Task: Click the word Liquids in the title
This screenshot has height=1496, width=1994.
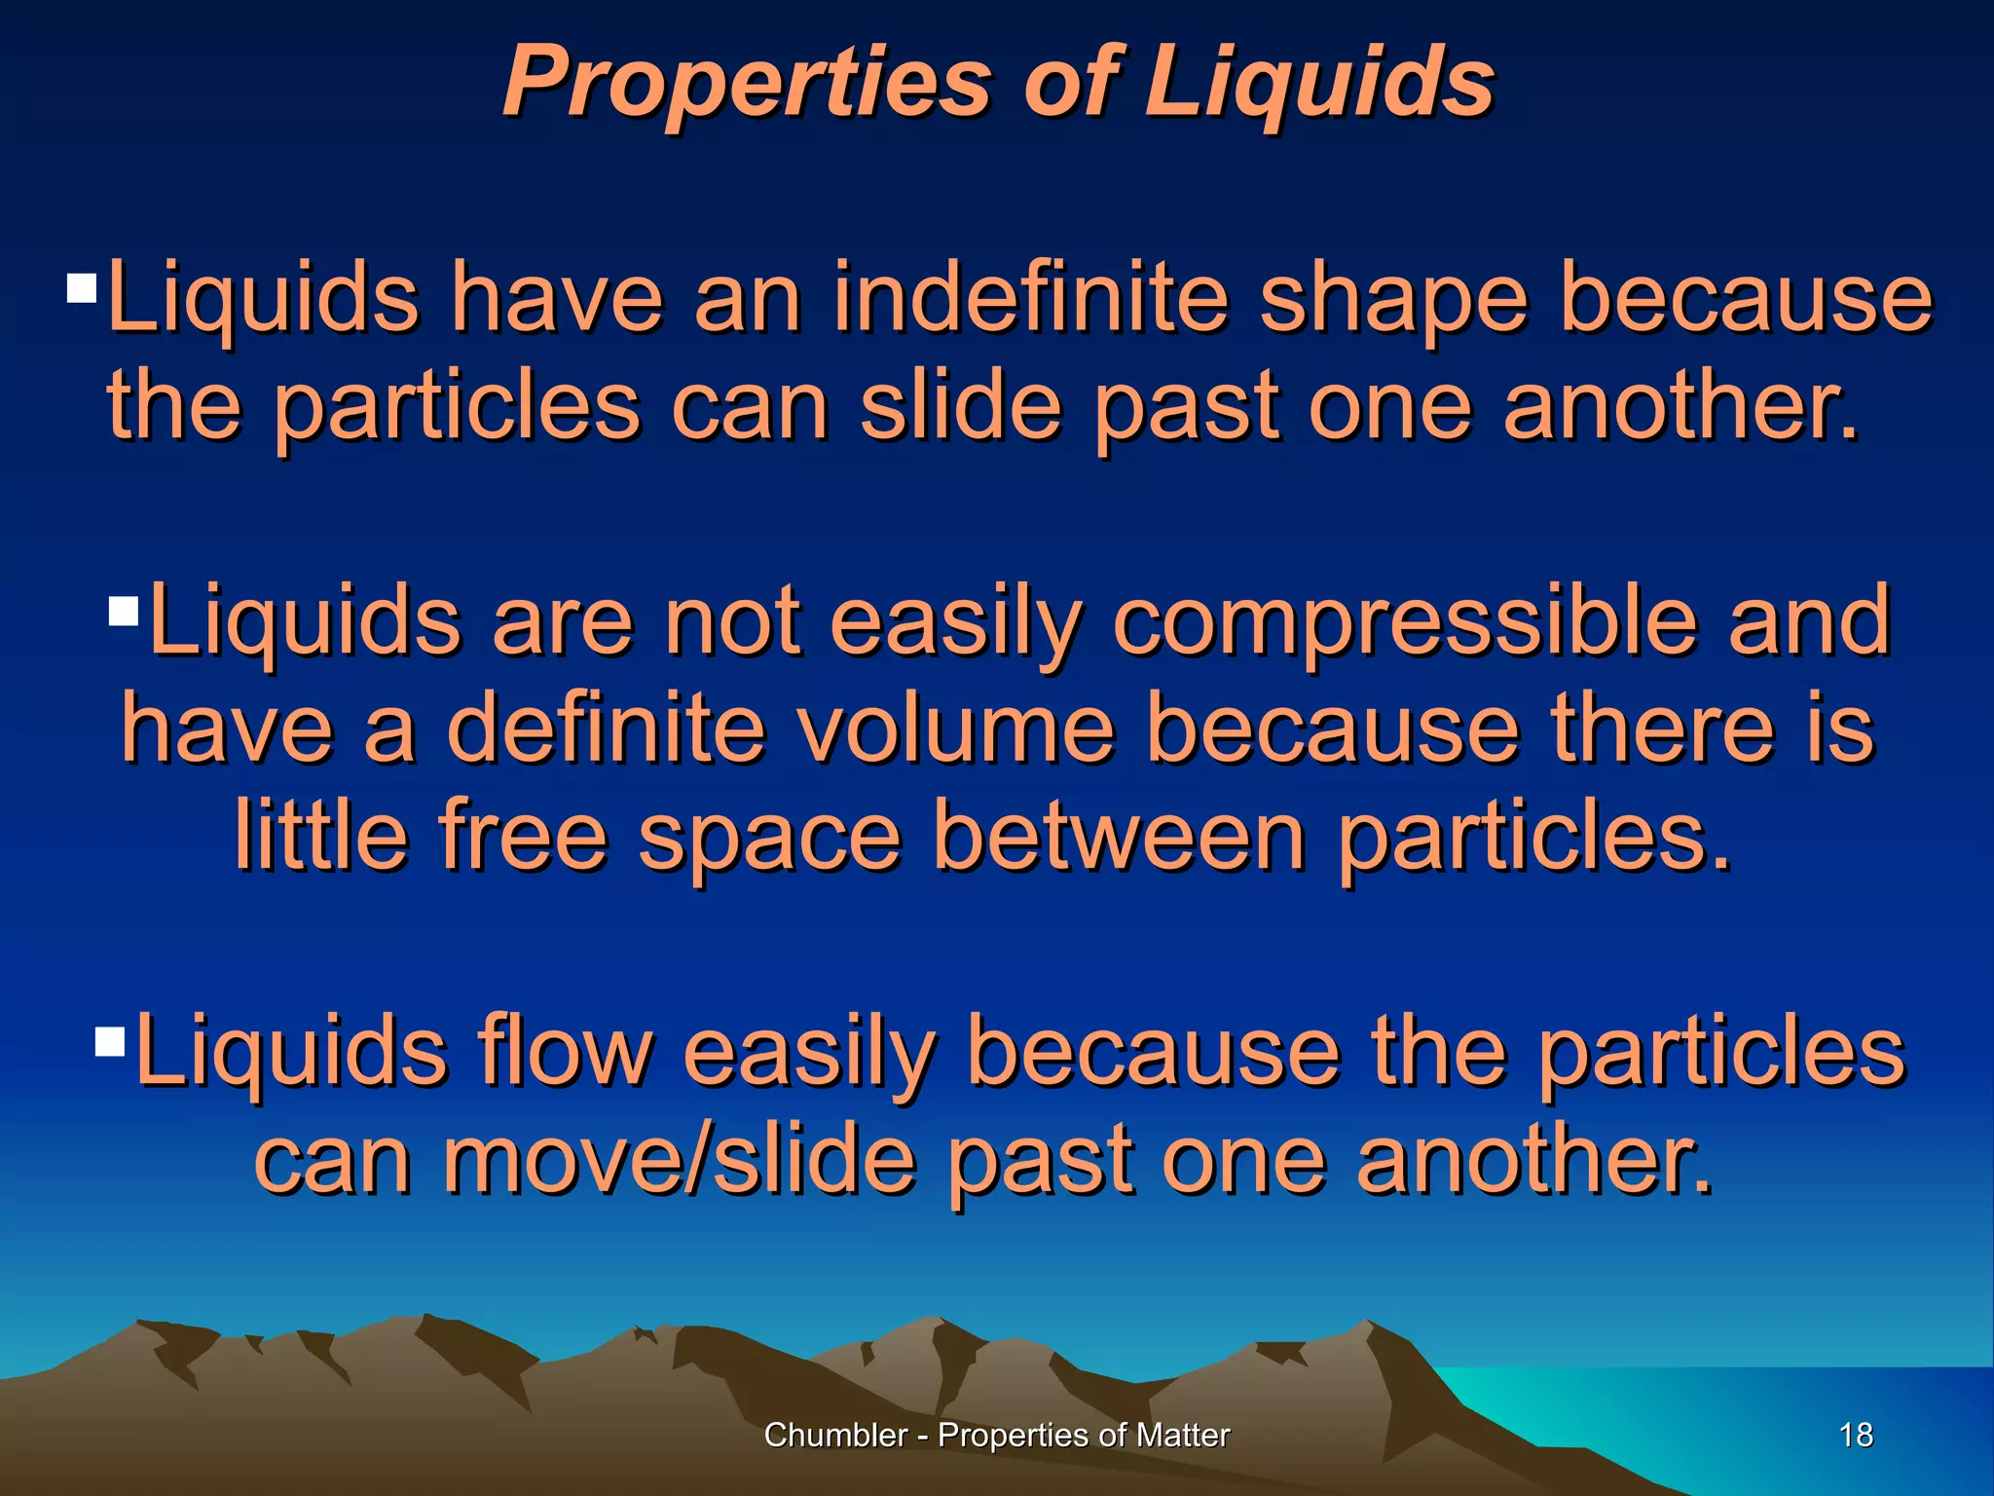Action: coord(1319,82)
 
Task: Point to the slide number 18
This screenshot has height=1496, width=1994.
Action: coord(1857,1435)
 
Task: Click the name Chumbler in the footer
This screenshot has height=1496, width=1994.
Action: coord(835,1435)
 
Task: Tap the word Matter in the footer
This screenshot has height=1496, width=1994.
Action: coord(1185,1435)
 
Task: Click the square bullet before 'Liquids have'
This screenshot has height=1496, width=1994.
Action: coord(82,288)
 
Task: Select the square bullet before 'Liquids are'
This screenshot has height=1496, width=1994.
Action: coord(124,612)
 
